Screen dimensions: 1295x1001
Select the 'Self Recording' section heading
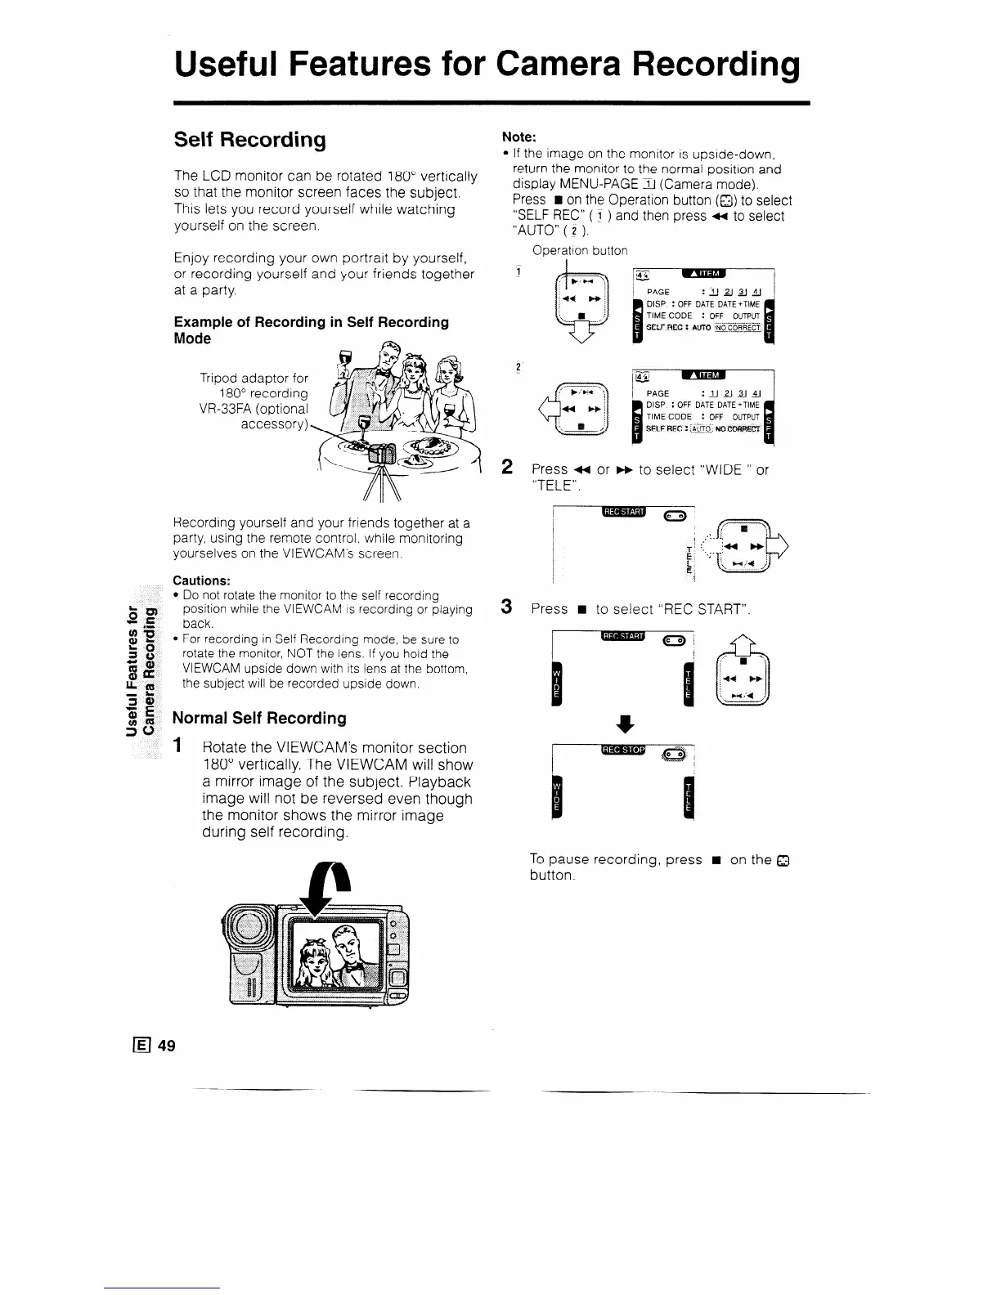point(249,140)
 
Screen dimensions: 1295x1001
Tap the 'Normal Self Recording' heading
point(260,718)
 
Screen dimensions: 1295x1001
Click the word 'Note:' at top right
point(518,137)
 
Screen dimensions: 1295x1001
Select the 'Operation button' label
point(580,251)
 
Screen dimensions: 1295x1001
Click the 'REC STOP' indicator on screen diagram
point(623,751)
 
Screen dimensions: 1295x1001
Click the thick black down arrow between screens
point(623,723)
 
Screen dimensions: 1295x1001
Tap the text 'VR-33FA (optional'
point(254,409)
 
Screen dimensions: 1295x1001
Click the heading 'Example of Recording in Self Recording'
point(312,322)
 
